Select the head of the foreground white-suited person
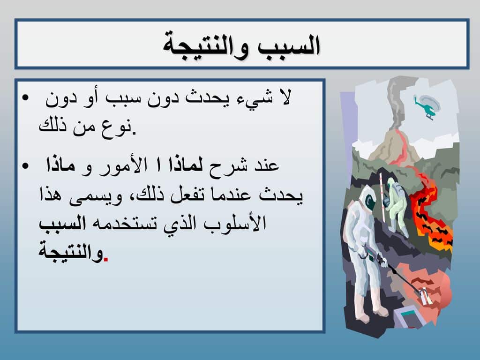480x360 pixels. click(367, 199)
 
